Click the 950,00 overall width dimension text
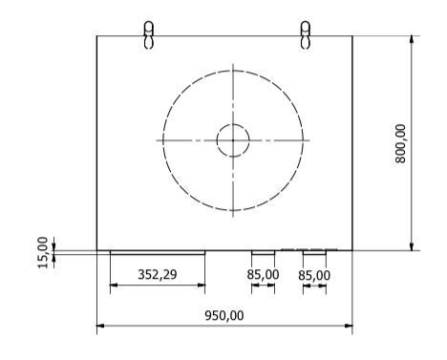pyautogui.click(x=224, y=316)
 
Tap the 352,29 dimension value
pyautogui.click(x=158, y=275)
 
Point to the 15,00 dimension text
pyautogui.click(x=42, y=251)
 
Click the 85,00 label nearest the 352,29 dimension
pyautogui.click(x=263, y=275)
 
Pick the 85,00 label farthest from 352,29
pyautogui.click(x=314, y=275)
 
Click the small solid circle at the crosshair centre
pyautogui.click(x=232, y=140)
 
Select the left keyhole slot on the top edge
pyautogui.click(x=148, y=34)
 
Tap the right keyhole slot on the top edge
pyautogui.click(x=305, y=34)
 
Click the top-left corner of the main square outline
pyautogui.click(x=97, y=36)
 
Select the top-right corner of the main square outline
pyautogui.click(x=352, y=36)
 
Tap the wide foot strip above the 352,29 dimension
pyautogui.click(x=158, y=252)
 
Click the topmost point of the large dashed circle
pyautogui.click(x=232, y=69)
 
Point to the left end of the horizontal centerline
pyautogui.click(x=157, y=140)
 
